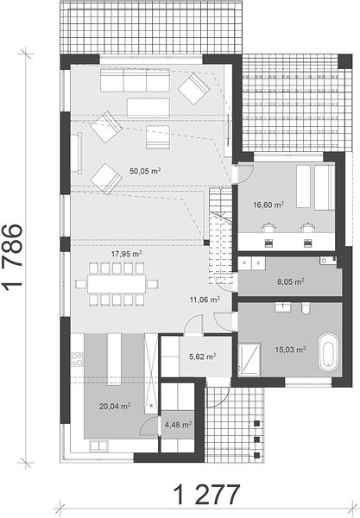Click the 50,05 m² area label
[x=145, y=171]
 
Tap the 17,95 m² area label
[x=127, y=254]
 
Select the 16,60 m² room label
[x=268, y=205]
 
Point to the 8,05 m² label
[x=290, y=281]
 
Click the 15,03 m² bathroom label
[x=290, y=349]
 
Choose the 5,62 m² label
[x=203, y=357]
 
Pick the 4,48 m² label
[x=179, y=424]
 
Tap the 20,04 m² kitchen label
[x=115, y=406]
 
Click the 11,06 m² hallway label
[x=205, y=300]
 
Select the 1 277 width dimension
[x=206, y=494]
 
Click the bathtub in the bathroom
[x=328, y=355]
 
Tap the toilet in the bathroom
[x=306, y=308]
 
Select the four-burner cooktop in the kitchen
[x=78, y=359]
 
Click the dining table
[x=117, y=284]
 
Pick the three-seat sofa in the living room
[x=135, y=80]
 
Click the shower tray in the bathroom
[x=249, y=359]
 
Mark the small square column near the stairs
[x=206, y=243]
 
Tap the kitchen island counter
[x=115, y=359]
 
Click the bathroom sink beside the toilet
[x=283, y=307]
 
